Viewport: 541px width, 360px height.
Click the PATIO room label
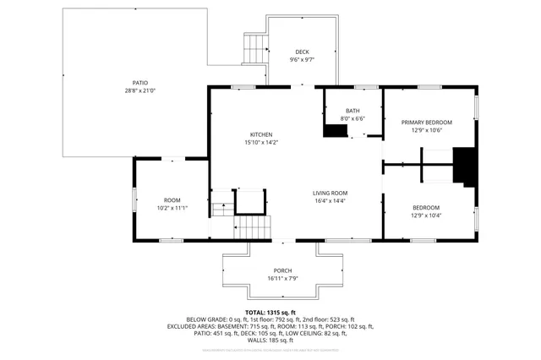coord(129,82)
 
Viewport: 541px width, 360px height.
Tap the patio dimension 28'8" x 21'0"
coord(129,90)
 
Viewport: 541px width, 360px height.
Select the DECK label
coord(302,52)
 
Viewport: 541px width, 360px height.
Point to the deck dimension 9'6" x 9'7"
coord(302,60)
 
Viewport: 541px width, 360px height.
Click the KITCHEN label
coord(260,134)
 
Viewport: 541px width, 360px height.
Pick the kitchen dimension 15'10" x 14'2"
coord(260,143)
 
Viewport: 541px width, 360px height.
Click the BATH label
coord(352,111)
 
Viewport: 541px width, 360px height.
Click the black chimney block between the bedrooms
coord(464,166)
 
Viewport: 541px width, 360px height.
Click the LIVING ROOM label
coord(330,193)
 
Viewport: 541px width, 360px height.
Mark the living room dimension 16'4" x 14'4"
coord(330,201)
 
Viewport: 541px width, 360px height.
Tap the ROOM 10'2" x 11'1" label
coord(172,203)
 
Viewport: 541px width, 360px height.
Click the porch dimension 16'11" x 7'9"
coord(282,278)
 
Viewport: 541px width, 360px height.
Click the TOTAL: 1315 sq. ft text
coord(270,312)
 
